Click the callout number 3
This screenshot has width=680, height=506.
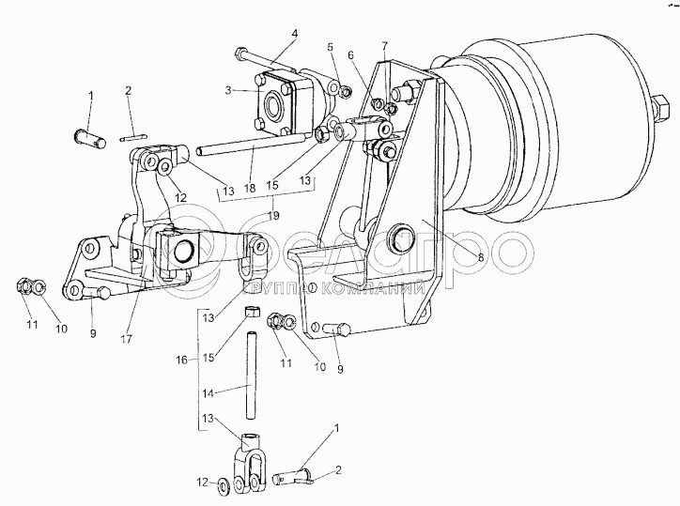pyautogui.click(x=229, y=90)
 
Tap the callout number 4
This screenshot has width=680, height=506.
pyautogui.click(x=294, y=35)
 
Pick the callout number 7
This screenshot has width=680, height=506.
pyautogui.click(x=384, y=45)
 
